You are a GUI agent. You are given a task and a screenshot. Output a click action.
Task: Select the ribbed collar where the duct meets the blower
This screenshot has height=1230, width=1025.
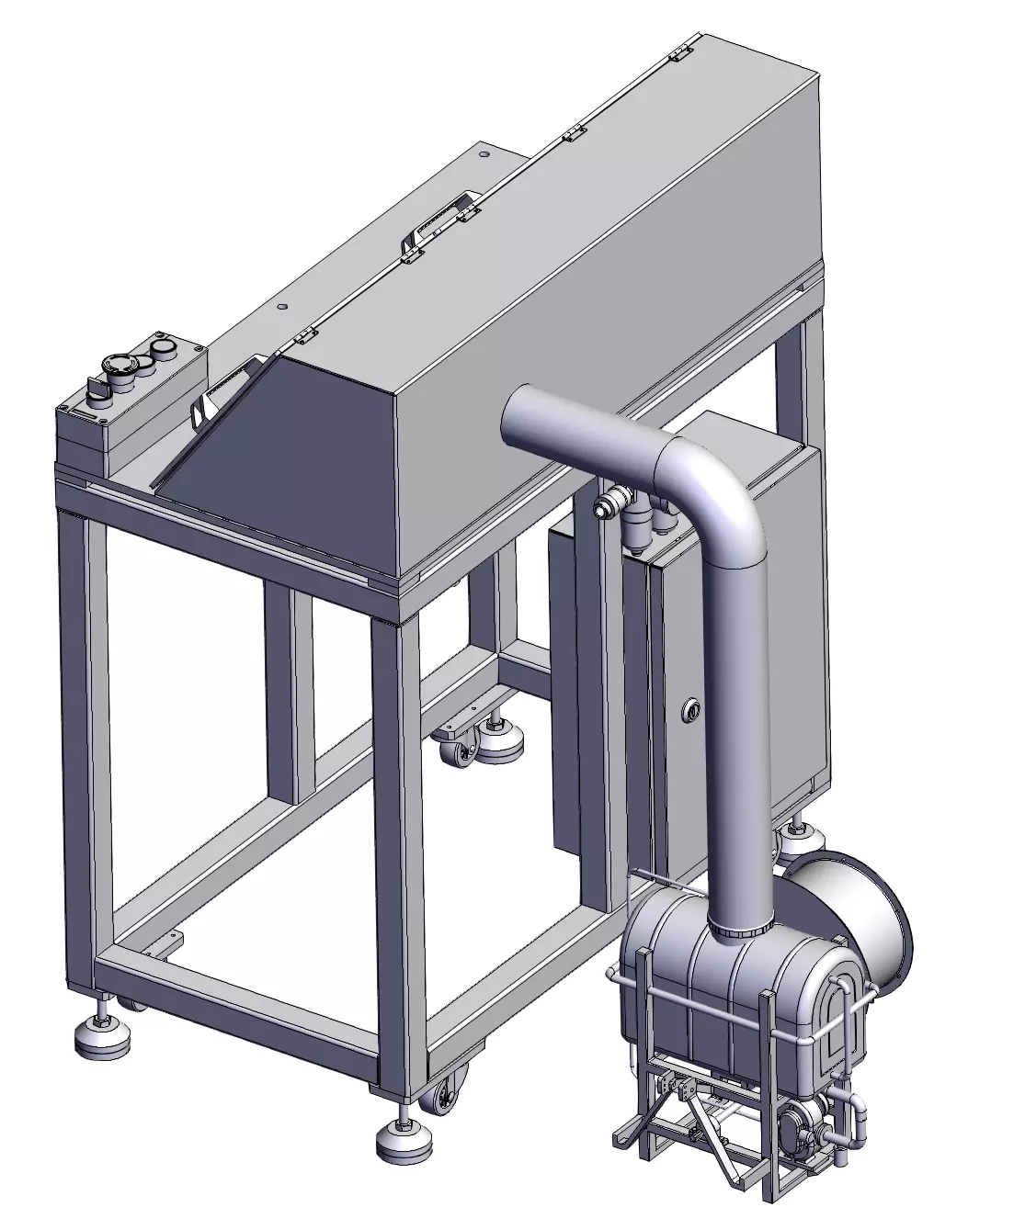tap(743, 933)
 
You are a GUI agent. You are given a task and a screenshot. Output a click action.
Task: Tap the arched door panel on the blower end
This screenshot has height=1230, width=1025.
tap(841, 1020)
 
